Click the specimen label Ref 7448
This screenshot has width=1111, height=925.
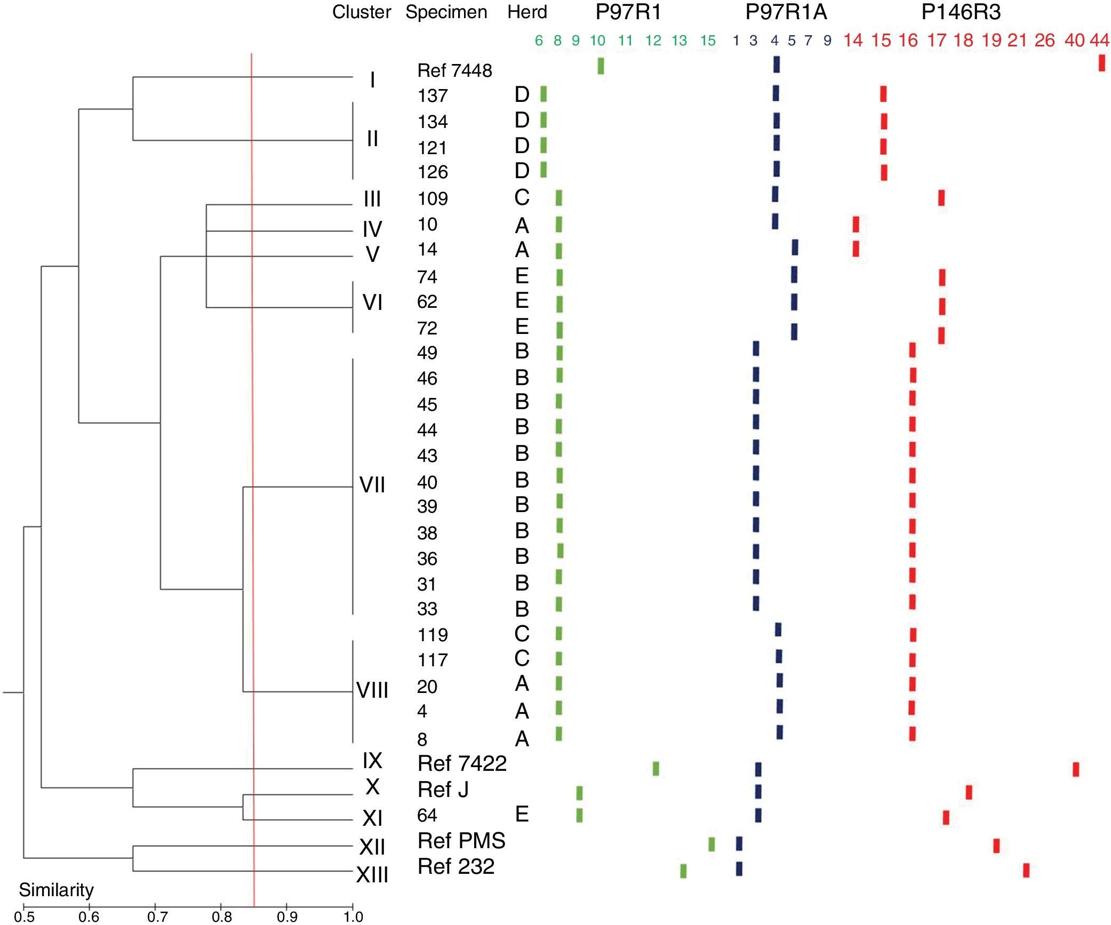[454, 70]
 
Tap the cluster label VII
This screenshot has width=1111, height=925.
[372, 485]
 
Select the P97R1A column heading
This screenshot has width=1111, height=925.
[786, 12]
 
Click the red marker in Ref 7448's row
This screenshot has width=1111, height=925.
[1101, 63]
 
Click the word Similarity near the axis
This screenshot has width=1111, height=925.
[56, 889]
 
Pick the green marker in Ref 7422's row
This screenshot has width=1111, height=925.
[656, 769]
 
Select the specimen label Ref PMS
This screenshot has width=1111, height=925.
[461, 841]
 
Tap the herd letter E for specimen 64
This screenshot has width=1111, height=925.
[522, 814]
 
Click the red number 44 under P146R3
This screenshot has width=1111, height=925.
[1099, 40]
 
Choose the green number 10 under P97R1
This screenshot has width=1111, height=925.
[597, 40]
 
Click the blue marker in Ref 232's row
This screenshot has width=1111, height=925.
[739, 868]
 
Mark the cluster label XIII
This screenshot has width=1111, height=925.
[372, 875]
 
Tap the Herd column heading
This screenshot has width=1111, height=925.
[527, 12]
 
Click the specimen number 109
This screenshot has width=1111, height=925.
[433, 198]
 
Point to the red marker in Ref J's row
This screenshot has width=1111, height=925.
[969, 792]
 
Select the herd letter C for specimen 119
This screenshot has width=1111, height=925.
[522, 634]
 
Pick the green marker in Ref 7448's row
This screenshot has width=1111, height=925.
[601, 66]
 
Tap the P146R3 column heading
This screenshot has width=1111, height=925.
[961, 12]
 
